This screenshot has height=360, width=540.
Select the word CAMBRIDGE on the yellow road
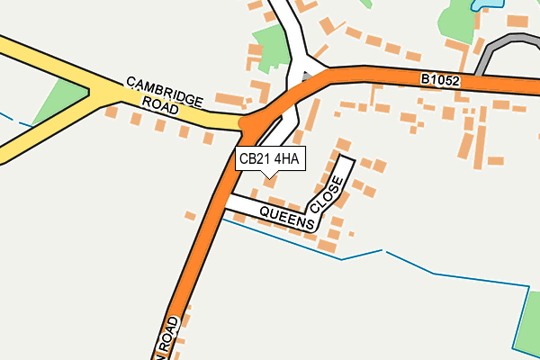(x=165, y=91)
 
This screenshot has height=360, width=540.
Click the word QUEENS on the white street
(x=285, y=216)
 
